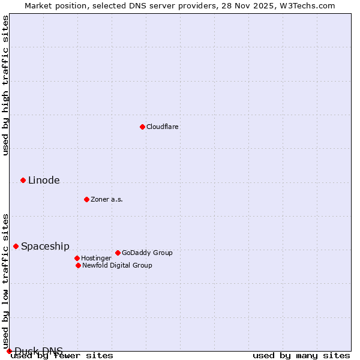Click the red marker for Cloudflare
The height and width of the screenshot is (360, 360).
click(142, 127)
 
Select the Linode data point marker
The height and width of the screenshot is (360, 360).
click(23, 180)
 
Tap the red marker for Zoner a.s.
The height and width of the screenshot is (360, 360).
click(86, 199)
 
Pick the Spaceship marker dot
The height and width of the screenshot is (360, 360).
click(16, 246)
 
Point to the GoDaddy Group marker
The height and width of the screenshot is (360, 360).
click(118, 253)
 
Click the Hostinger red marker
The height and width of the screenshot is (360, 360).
click(77, 258)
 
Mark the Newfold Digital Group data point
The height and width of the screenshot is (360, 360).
click(78, 265)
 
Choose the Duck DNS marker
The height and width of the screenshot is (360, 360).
click(9, 351)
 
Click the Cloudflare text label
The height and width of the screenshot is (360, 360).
click(163, 127)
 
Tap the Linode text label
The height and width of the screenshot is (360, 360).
click(44, 181)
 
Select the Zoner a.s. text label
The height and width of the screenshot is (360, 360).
click(107, 199)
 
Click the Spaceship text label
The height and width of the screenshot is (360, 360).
click(45, 247)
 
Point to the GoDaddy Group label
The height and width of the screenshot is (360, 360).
click(147, 253)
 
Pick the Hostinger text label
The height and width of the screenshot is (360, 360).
click(96, 258)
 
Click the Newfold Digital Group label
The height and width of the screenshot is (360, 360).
click(117, 265)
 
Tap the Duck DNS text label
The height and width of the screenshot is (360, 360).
click(38, 350)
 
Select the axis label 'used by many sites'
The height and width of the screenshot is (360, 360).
click(301, 356)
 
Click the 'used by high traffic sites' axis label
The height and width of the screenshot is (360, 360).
click(5, 85)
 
